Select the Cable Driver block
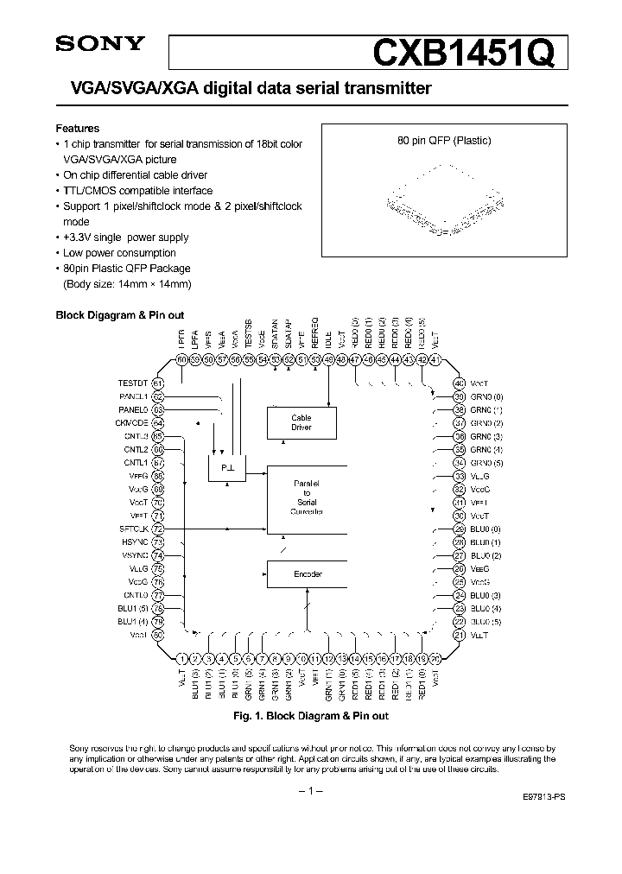tap(301, 422)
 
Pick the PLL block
tap(226, 466)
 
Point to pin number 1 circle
tap(182, 658)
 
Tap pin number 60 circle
tap(182, 360)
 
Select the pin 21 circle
tap(460, 635)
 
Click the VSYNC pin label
tap(134, 555)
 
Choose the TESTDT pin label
tap(133, 383)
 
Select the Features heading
tap(77, 128)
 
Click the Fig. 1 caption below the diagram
tap(311, 716)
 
